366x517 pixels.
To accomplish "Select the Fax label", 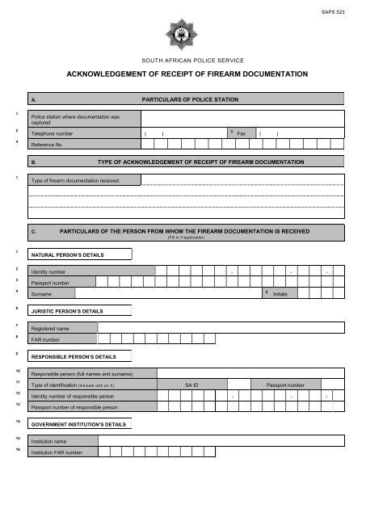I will pyautogui.click(x=241, y=132).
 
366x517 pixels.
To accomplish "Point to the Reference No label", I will pyautogui.click(x=47, y=144).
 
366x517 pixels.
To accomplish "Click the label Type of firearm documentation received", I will pyautogui.click(x=74, y=180).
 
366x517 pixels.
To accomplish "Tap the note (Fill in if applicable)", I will pyautogui.click(x=185, y=237).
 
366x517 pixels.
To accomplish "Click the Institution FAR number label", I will pyautogui.click(x=57, y=453).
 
